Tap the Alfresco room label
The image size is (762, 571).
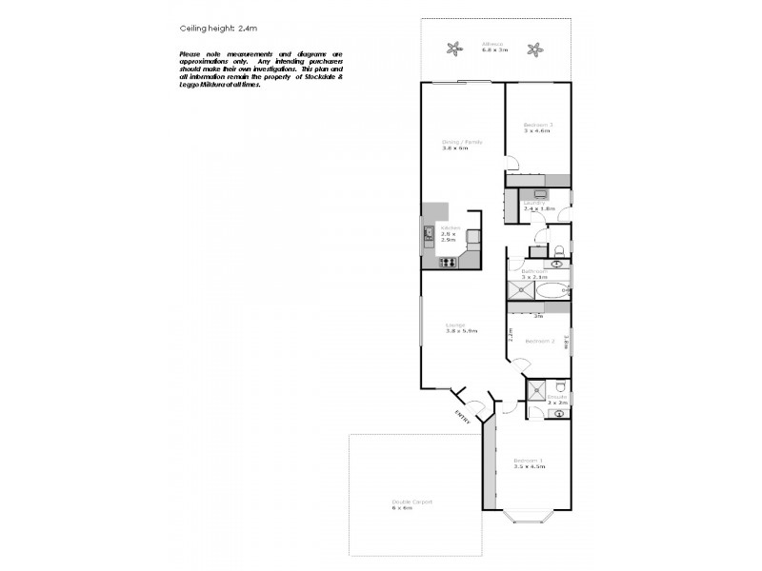(x=494, y=43)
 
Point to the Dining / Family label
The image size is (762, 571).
(x=462, y=142)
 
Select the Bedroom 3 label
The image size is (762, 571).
(x=538, y=125)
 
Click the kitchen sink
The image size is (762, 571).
(x=428, y=232)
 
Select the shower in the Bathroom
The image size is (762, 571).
(x=520, y=291)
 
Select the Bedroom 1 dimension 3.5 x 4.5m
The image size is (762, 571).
(x=529, y=466)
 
